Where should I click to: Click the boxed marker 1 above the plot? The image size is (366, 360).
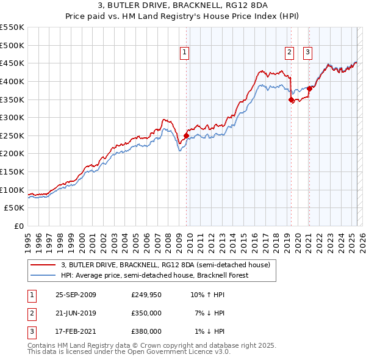[x=184, y=52]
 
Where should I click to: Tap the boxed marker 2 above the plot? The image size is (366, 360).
[x=289, y=52]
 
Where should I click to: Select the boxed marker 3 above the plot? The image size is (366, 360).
[x=307, y=52]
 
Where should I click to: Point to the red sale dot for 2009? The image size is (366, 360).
[x=186, y=135]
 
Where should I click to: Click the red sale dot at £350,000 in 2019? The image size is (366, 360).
[x=291, y=99]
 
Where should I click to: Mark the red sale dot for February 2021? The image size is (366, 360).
[x=309, y=88]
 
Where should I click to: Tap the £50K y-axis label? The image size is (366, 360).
[x=15, y=208]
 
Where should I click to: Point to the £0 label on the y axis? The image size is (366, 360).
[x=19, y=226]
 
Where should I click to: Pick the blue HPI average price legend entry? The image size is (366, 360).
[x=163, y=275]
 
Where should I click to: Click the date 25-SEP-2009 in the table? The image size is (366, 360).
[x=76, y=295]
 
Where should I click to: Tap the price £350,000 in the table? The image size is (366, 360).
[x=146, y=313]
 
